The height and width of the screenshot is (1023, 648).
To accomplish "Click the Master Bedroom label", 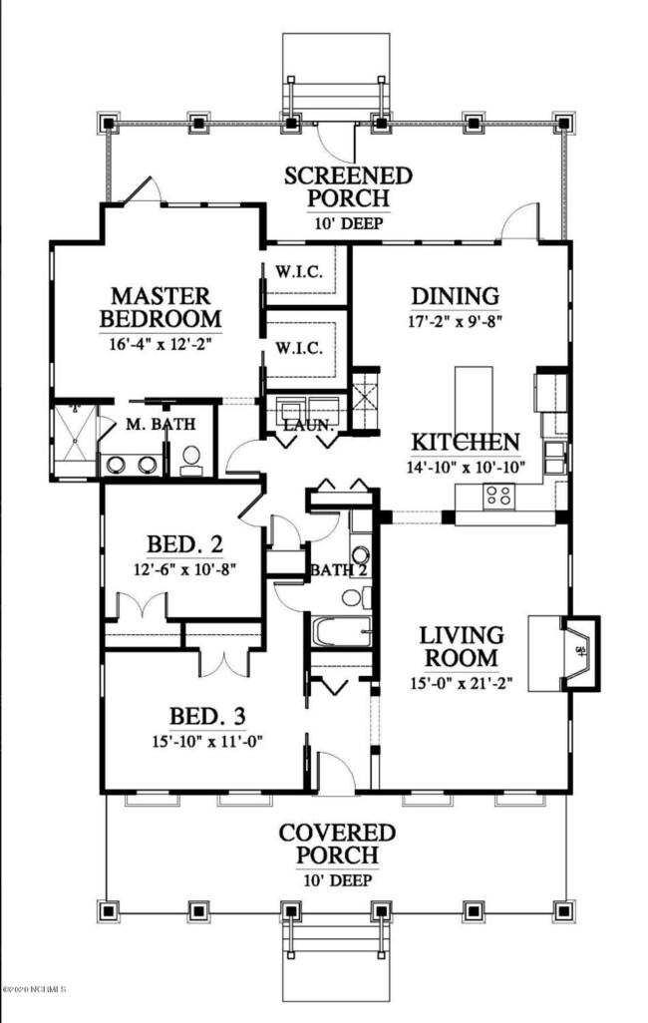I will [x=160, y=307].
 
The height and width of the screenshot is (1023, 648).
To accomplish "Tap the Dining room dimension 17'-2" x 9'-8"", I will [x=455, y=323].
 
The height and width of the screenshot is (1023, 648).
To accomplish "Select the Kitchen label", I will [x=467, y=442].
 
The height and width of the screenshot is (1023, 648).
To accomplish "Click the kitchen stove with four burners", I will [x=497, y=494].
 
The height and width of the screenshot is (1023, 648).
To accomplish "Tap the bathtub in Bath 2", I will [x=339, y=631].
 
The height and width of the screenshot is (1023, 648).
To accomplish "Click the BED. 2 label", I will [x=184, y=544].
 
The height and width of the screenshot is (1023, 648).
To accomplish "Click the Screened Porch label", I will [x=335, y=188].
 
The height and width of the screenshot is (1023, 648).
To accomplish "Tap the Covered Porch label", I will [x=337, y=844].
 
